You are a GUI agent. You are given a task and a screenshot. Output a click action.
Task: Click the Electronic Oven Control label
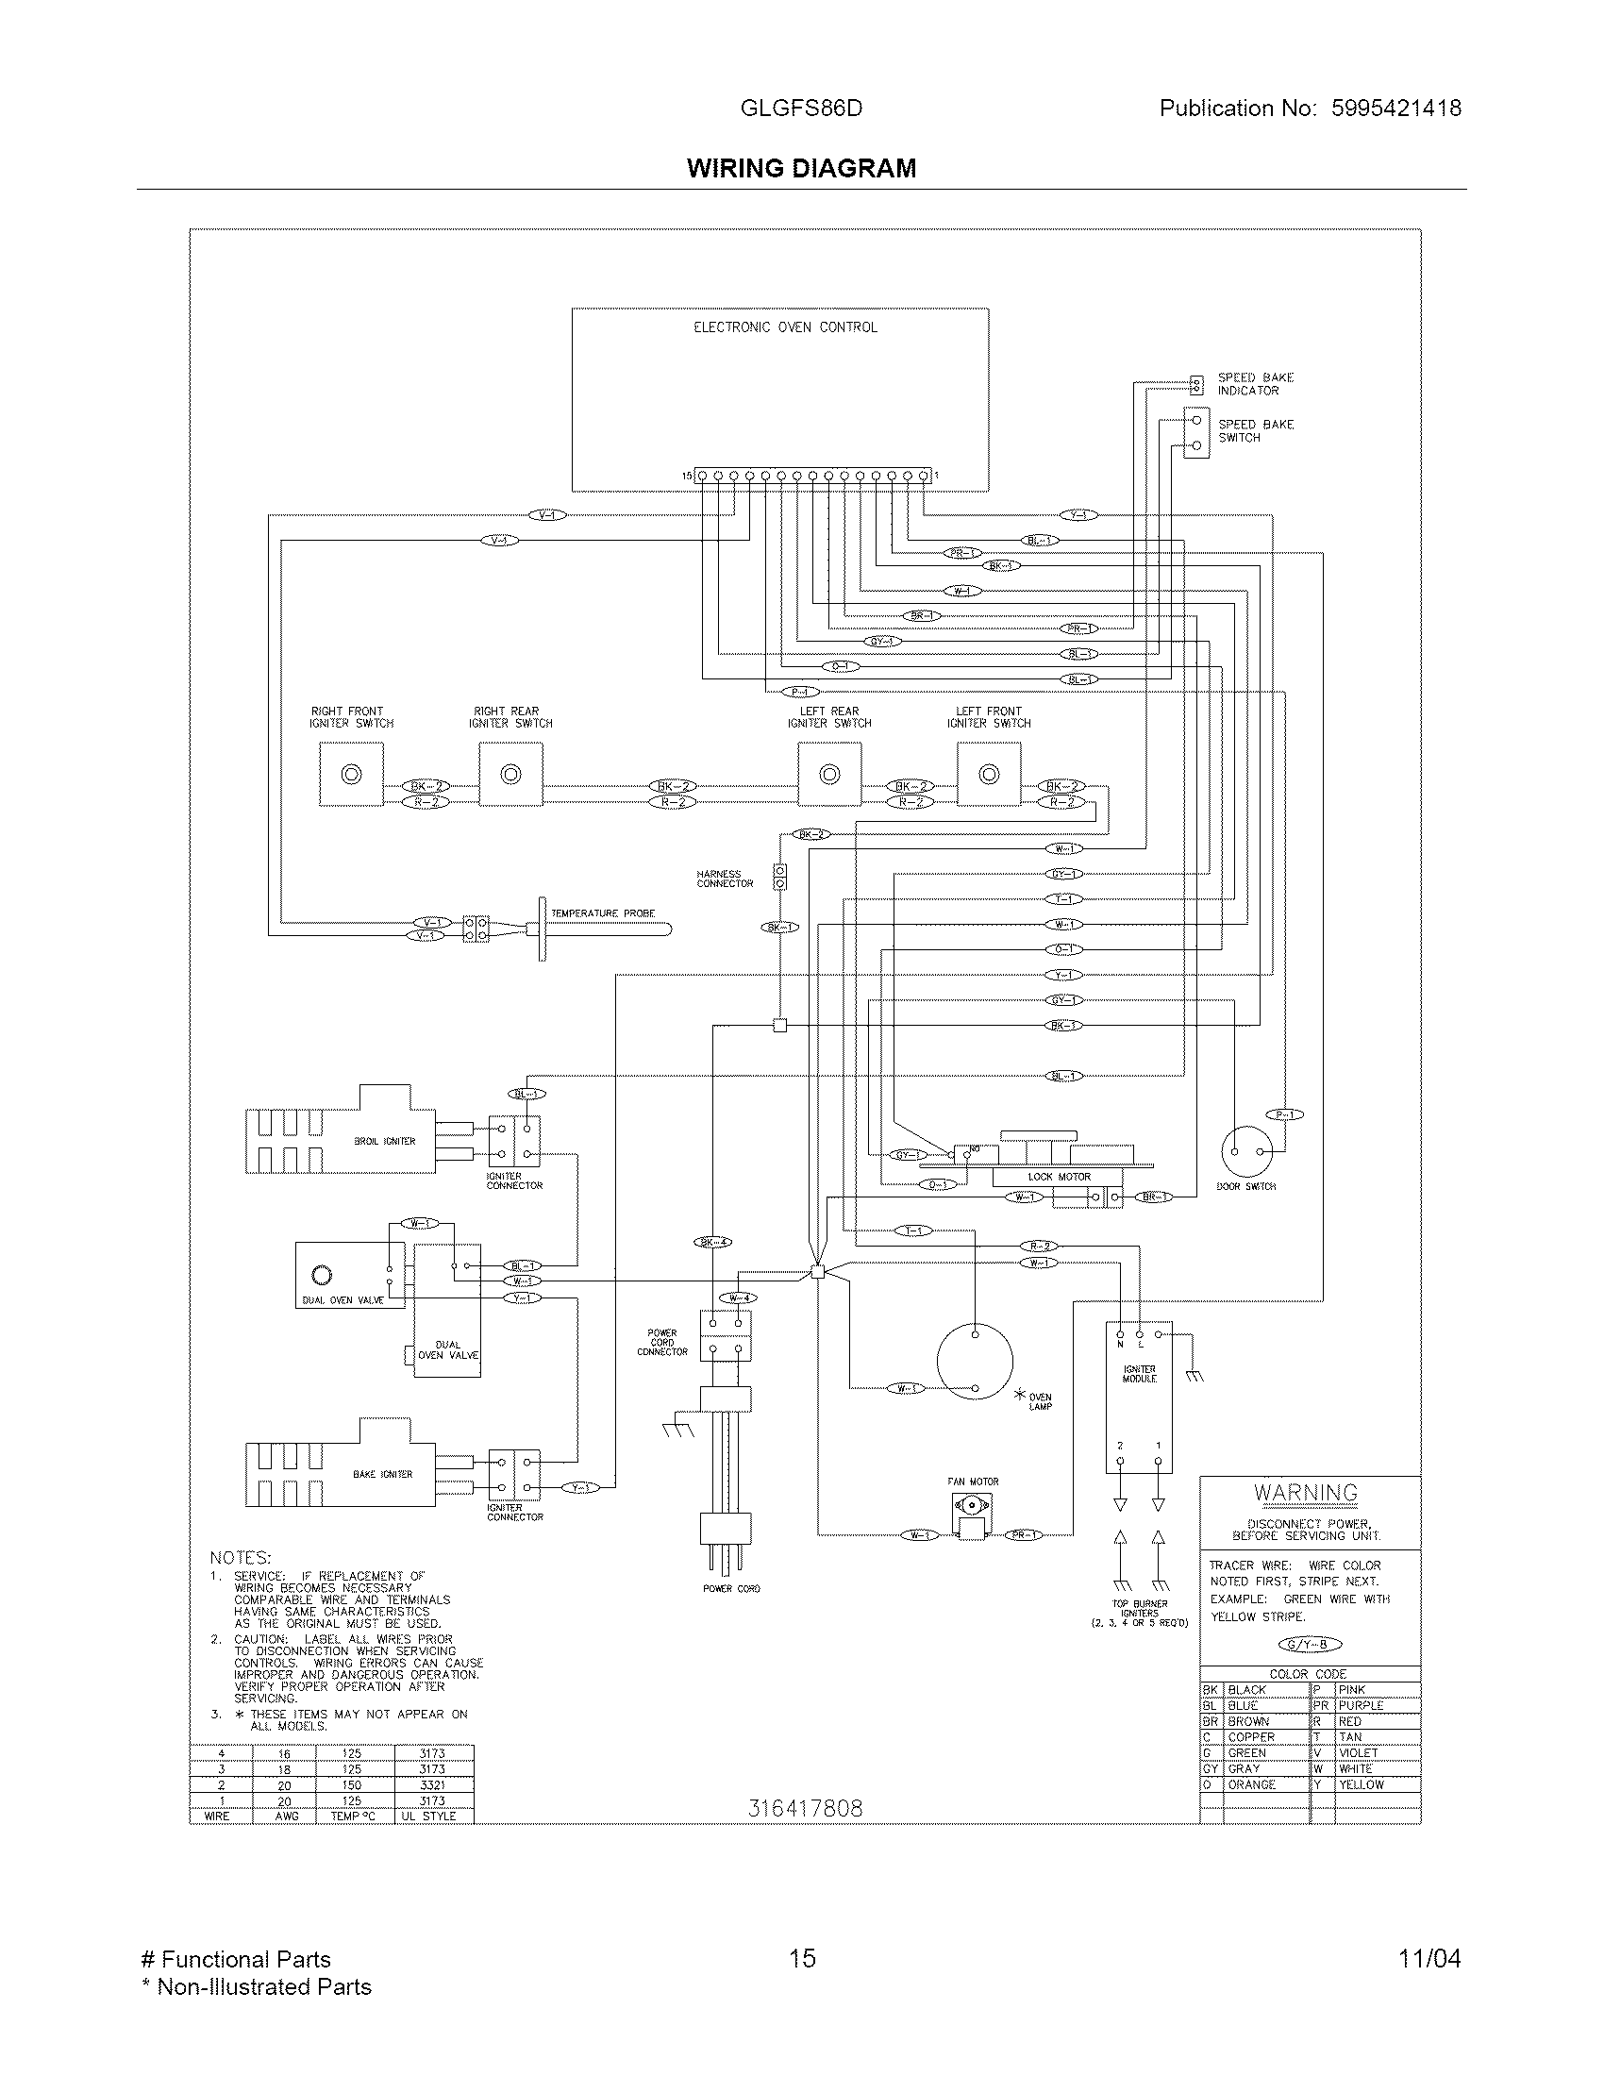point(785,327)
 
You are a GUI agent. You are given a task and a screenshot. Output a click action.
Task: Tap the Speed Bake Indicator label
point(1254,384)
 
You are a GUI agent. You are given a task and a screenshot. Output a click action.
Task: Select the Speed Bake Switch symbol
point(1196,432)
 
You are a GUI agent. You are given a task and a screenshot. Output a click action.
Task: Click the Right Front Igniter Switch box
point(351,775)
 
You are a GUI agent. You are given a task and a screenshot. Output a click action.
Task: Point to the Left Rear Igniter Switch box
point(829,775)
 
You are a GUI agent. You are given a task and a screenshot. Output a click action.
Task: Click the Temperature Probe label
point(603,913)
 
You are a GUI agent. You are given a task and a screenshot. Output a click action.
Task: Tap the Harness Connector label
point(724,879)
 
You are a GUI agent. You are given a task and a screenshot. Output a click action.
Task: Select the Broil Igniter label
point(384,1141)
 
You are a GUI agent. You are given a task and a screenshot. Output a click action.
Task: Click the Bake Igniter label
point(382,1474)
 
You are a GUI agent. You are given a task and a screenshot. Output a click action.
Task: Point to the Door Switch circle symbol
point(1245,1151)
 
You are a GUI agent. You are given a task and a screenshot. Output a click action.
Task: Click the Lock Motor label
point(1059,1177)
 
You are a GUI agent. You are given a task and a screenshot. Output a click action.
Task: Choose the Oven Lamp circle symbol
point(974,1362)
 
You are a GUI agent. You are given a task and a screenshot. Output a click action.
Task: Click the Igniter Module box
point(1139,1398)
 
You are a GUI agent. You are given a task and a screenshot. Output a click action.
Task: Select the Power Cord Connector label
point(662,1342)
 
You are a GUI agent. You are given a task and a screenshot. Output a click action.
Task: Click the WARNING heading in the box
point(1306,1494)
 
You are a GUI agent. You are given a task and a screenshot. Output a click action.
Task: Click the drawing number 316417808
point(805,1808)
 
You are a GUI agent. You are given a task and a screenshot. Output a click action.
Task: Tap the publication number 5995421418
point(1395,109)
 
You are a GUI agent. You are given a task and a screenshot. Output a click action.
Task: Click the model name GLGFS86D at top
point(800,109)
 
